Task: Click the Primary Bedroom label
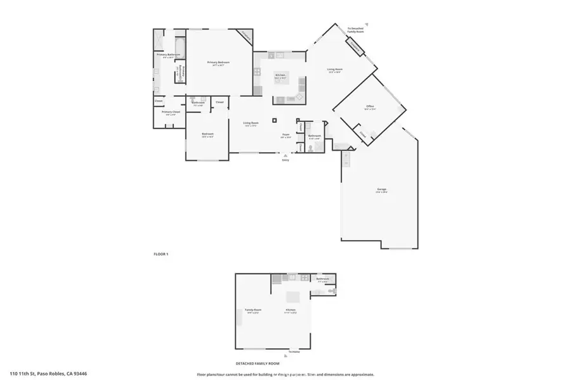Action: click(x=218, y=62)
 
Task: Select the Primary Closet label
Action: click(x=171, y=112)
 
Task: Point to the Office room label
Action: click(x=370, y=107)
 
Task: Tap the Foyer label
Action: click(x=286, y=135)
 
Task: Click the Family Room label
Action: click(x=253, y=310)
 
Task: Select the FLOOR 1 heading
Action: click(x=161, y=253)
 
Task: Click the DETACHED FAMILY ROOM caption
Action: click(x=258, y=364)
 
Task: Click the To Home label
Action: click(x=293, y=351)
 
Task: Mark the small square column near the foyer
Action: click(x=274, y=120)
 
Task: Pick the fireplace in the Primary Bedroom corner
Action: click(x=244, y=36)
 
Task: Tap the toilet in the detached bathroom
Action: click(x=331, y=290)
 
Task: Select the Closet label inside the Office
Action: click(x=362, y=134)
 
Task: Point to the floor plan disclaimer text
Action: click(x=285, y=374)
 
